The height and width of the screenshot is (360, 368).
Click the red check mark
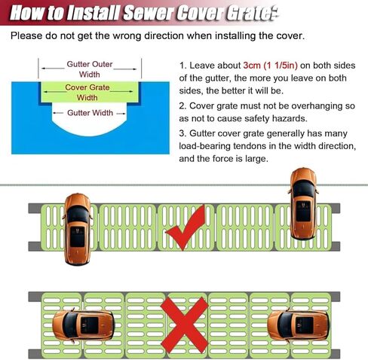(186, 229)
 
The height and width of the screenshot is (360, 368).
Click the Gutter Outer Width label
(90, 69)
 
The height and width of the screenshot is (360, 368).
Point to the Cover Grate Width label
(87, 91)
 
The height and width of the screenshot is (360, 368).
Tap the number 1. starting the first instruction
(184, 66)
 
